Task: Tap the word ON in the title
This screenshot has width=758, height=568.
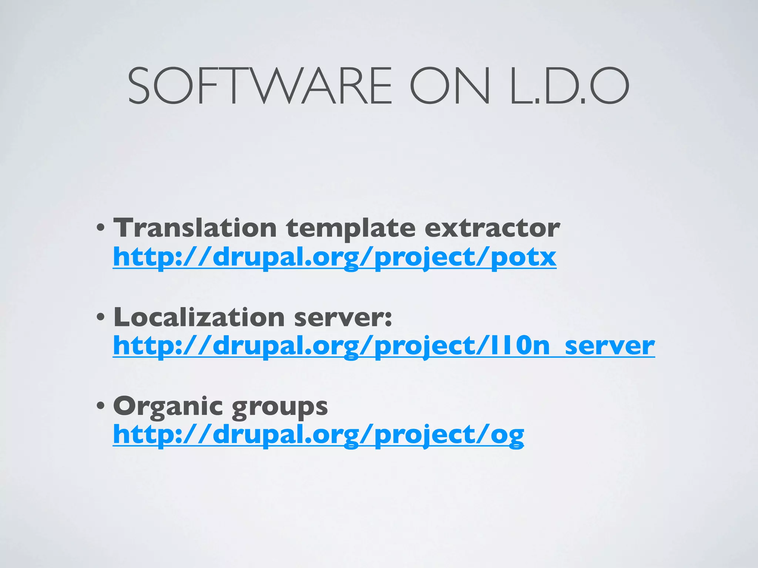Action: [450, 86]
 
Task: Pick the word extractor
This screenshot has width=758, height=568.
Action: [492, 228]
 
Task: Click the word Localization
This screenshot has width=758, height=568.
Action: [199, 317]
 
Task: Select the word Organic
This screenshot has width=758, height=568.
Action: [168, 406]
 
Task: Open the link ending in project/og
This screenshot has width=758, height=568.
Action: [318, 435]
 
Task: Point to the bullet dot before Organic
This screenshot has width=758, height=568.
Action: [100, 406]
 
